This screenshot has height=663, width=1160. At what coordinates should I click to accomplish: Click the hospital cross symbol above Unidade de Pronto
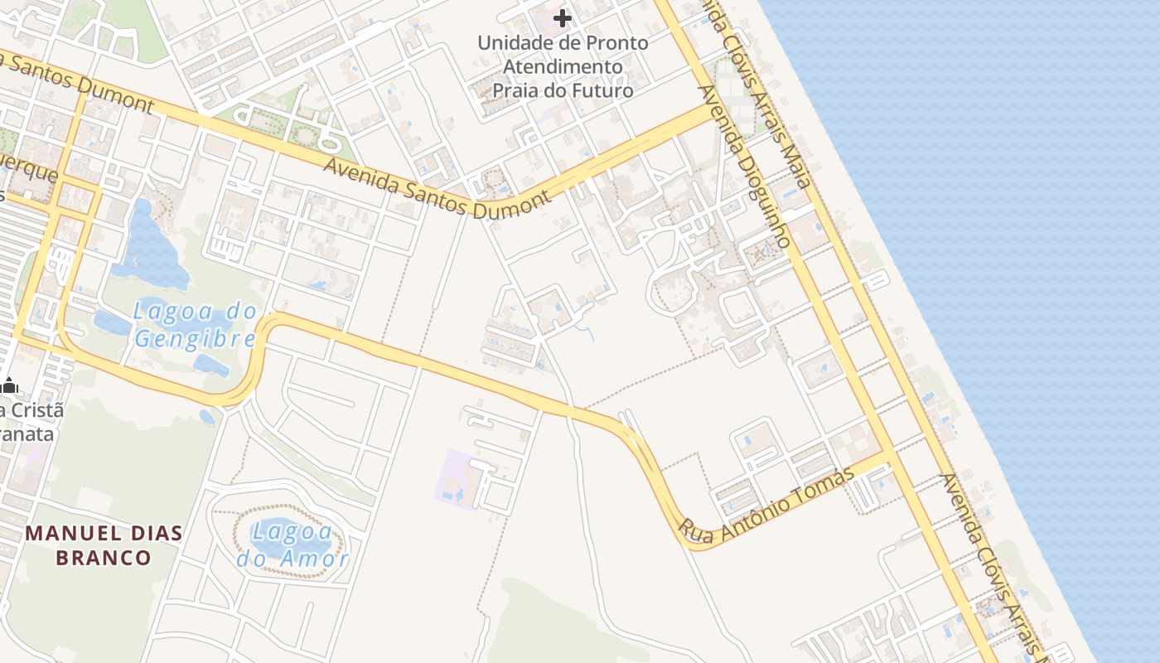pos(563,17)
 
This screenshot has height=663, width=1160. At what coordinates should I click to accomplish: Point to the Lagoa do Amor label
pos(292,544)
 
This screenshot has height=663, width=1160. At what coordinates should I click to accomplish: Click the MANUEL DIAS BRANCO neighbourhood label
pos(104,544)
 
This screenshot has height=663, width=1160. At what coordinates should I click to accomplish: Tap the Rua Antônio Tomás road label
pos(766,506)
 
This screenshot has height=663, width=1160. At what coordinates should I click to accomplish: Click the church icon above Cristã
pos(10,385)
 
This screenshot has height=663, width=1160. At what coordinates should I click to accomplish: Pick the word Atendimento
pos(563,66)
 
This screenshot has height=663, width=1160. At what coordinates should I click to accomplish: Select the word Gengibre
pos(196,339)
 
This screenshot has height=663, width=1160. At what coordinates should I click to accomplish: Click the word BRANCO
pos(104,557)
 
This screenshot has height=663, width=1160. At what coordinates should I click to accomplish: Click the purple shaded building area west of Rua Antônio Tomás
pos(456,478)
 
